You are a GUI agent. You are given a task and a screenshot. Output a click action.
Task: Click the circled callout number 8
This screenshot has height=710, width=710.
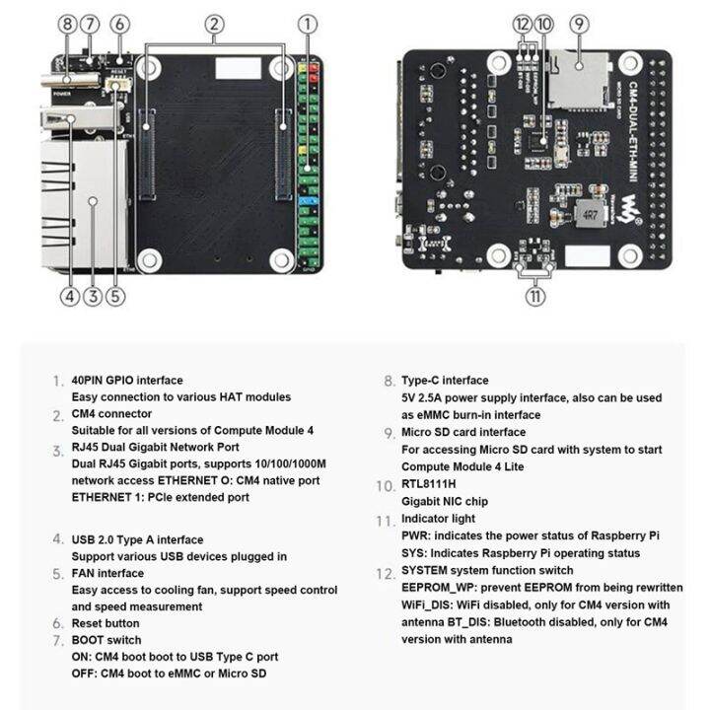[x=68, y=24]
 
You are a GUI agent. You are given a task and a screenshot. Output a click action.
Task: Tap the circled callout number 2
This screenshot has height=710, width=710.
[x=216, y=24]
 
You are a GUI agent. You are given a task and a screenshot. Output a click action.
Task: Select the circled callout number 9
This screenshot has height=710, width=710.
[x=579, y=24]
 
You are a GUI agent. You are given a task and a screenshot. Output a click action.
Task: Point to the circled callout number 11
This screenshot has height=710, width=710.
[x=534, y=295]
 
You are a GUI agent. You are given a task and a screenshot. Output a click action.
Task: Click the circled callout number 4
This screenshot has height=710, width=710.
[x=68, y=295]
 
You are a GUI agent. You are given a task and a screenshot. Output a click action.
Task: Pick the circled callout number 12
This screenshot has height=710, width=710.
[x=522, y=24]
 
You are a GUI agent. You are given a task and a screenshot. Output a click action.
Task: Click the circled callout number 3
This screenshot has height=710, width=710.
[x=93, y=295]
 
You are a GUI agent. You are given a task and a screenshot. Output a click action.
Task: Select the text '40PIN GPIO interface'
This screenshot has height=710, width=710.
[x=127, y=380]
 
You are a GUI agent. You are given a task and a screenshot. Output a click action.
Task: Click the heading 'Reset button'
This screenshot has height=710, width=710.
[x=106, y=623]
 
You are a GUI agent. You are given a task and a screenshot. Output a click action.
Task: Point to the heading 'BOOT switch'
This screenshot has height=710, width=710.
[x=106, y=640]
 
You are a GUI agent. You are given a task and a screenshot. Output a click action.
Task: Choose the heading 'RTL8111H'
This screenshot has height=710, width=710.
[x=428, y=485]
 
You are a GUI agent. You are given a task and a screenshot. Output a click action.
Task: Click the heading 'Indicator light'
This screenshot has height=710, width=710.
[x=438, y=519]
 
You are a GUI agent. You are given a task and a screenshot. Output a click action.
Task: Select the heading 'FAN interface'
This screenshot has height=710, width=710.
[x=107, y=573]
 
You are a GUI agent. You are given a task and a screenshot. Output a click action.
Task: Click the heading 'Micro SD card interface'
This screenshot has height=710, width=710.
[x=462, y=432]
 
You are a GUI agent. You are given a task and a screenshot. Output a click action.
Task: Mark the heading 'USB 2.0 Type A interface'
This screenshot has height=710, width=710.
[x=137, y=539]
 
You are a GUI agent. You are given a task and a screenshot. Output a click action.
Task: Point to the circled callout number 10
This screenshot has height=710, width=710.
[x=543, y=24]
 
